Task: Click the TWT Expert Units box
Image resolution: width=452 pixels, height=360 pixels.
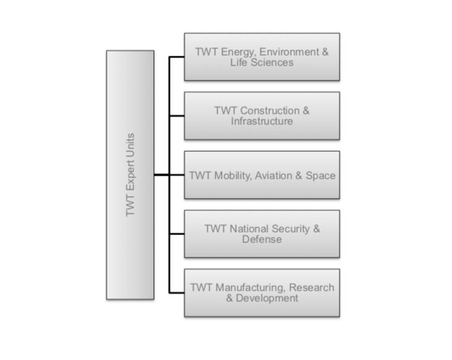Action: point(130,175)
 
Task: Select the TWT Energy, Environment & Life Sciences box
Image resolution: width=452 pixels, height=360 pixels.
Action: point(262,57)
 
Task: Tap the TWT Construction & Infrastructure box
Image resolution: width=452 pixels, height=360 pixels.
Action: point(262,116)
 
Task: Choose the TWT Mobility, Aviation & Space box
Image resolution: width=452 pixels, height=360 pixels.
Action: point(262,175)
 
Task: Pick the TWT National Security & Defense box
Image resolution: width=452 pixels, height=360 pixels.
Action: point(262,234)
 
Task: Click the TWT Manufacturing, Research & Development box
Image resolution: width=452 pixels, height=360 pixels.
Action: point(262,293)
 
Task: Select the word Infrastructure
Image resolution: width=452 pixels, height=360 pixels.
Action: point(262,121)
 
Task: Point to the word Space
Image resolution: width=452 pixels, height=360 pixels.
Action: point(322,176)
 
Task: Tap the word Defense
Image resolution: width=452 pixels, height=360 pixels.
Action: point(262,239)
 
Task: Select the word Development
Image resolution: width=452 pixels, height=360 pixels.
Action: point(267,298)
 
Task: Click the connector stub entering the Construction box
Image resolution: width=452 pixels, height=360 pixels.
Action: point(176,116)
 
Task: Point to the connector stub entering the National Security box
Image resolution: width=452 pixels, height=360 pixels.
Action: point(176,234)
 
